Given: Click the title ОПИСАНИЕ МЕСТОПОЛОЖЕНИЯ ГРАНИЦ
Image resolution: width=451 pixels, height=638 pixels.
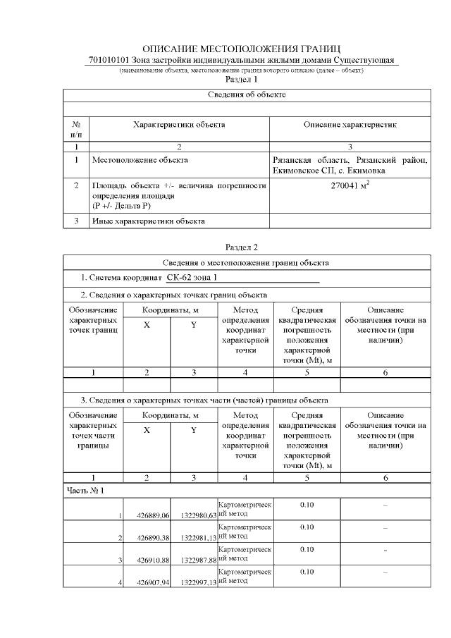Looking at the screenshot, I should click(x=241, y=49).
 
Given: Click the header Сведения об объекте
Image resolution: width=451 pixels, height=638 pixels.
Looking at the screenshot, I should click(x=247, y=94).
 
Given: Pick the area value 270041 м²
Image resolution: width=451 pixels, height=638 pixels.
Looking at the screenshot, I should click(x=350, y=186).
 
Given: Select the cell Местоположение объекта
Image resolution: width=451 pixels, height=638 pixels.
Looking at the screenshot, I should click(x=140, y=160).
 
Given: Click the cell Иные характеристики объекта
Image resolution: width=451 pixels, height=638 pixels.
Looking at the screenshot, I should click(x=149, y=221).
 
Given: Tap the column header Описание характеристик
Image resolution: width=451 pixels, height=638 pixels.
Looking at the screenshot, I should click(x=350, y=124).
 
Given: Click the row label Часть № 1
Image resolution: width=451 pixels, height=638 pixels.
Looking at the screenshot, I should click(x=85, y=489).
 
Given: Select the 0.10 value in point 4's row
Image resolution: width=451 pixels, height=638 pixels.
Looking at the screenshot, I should click(x=307, y=572).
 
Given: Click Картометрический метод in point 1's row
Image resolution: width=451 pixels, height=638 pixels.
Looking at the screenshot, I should click(x=245, y=510).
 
